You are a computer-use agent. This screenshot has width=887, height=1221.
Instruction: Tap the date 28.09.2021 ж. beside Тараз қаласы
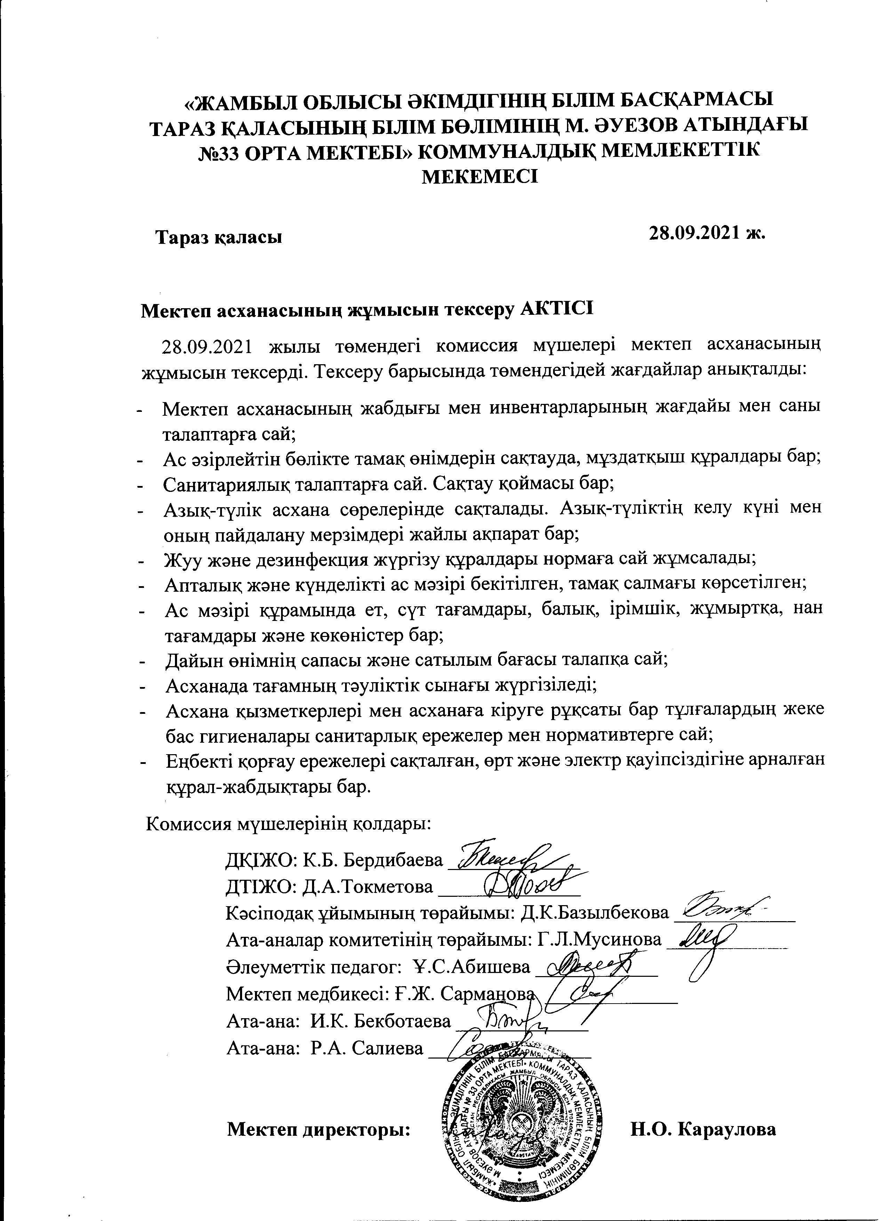707,233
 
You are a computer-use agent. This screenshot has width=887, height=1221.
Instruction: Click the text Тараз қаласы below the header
219,237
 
